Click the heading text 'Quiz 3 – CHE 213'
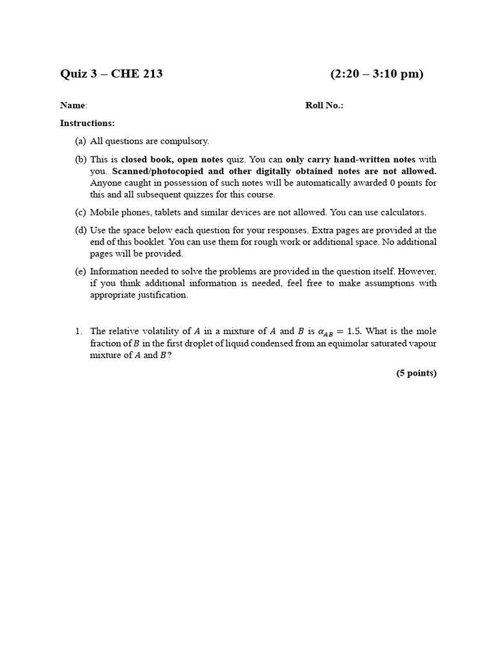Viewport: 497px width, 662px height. pyautogui.click(x=111, y=74)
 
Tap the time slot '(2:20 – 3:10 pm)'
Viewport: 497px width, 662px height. pyautogui.click(x=377, y=74)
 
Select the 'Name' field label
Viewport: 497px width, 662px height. pyautogui.click(x=73, y=105)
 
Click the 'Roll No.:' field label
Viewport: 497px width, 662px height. pyautogui.click(x=324, y=105)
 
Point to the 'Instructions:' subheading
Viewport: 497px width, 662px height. pyautogui.click(x=87, y=123)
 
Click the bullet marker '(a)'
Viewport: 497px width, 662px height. pyautogui.click(x=80, y=141)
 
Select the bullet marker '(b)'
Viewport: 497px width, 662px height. pyautogui.click(x=80, y=159)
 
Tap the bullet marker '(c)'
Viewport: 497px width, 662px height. pyautogui.click(x=80, y=212)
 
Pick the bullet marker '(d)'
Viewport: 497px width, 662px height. pyautogui.click(x=80, y=230)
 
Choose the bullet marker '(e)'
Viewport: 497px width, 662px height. pyautogui.click(x=80, y=272)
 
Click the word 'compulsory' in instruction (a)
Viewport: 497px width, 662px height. pyautogui.click(x=187, y=141)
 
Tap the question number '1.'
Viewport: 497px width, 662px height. pyautogui.click(x=78, y=331)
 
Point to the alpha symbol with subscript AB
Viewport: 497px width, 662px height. pyautogui.click(x=325, y=332)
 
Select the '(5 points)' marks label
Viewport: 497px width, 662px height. pyautogui.click(x=417, y=373)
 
